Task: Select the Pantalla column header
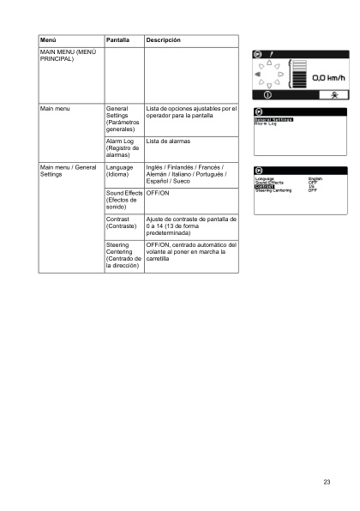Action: (117, 40)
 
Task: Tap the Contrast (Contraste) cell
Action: (120, 225)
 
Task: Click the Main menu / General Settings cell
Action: (69, 171)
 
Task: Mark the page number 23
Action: (327, 482)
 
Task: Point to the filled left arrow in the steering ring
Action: (257, 75)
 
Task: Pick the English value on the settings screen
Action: (315, 178)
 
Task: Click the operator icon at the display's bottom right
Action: (333, 94)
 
